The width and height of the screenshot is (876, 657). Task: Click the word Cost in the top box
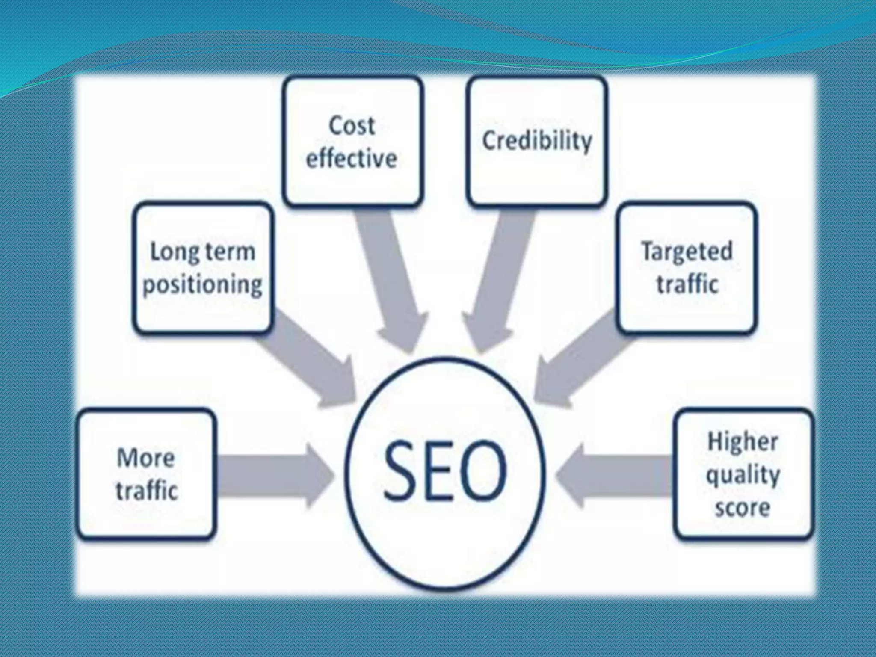(x=352, y=126)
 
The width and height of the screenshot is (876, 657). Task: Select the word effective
(x=352, y=159)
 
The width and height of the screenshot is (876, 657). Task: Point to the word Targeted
(x=687, y=252)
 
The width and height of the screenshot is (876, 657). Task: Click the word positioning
(x=202, y=284)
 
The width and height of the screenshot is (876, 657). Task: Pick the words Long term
(x=202, y=252)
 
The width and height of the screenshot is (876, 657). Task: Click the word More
(x=146, y=458)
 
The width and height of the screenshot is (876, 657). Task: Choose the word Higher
(x=743, y=442)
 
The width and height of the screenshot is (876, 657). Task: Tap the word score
(x=743, y=508)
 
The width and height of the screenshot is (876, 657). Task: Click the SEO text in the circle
(x=445, y=471)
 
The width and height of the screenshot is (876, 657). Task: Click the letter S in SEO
(x=401, y=471)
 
